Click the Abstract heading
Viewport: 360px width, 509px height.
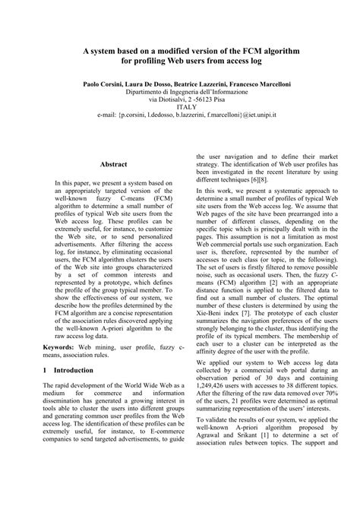tap(113, 163)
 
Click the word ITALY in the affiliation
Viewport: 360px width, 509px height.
tap(180, 107)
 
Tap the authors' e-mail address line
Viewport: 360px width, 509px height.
tap(180, 116)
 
